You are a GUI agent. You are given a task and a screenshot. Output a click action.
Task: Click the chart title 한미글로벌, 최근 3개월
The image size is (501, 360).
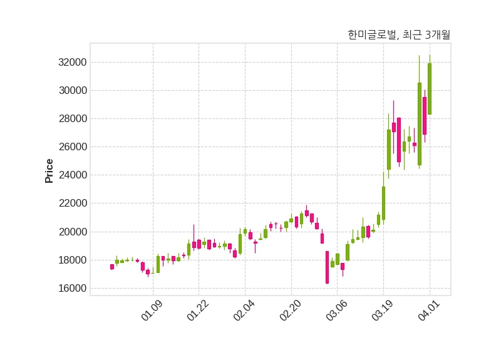click(398, 35)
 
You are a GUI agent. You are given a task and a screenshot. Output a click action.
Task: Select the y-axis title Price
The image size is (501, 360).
click(49, 171)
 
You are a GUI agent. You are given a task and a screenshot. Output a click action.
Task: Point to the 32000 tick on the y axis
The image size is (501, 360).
click(71, 63)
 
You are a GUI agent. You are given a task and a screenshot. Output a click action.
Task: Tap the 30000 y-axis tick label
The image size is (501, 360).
click(71, 91)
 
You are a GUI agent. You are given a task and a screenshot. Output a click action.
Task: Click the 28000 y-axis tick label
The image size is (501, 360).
click(71, 119)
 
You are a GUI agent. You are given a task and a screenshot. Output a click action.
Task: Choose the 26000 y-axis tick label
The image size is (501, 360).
click(71, 147)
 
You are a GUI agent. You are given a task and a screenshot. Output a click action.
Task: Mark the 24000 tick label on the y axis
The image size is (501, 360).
click(71, 175)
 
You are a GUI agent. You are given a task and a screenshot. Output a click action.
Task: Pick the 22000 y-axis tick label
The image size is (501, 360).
click(71, 203)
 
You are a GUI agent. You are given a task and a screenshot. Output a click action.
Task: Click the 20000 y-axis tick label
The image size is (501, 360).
click(71, 232)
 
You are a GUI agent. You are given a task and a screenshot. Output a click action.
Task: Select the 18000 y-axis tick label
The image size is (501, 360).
click(71, 260)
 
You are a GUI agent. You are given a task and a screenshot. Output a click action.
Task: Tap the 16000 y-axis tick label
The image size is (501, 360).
click(71, 289)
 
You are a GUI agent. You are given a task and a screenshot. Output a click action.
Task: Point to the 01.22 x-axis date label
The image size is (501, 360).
click(198, 311)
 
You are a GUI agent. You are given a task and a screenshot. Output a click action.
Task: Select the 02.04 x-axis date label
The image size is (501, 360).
click(244, 311)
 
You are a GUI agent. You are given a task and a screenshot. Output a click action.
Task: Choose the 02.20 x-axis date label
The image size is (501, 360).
click(291, 311)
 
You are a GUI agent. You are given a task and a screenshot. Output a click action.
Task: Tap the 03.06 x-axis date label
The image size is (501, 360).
click(336, 311)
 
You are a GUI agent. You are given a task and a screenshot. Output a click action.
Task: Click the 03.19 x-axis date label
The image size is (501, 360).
click(383, 311)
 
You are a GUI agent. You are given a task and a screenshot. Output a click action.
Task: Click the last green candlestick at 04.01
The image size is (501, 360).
click(430, 88)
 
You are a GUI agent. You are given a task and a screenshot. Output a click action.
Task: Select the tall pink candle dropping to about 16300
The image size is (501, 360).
click(327, 267)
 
